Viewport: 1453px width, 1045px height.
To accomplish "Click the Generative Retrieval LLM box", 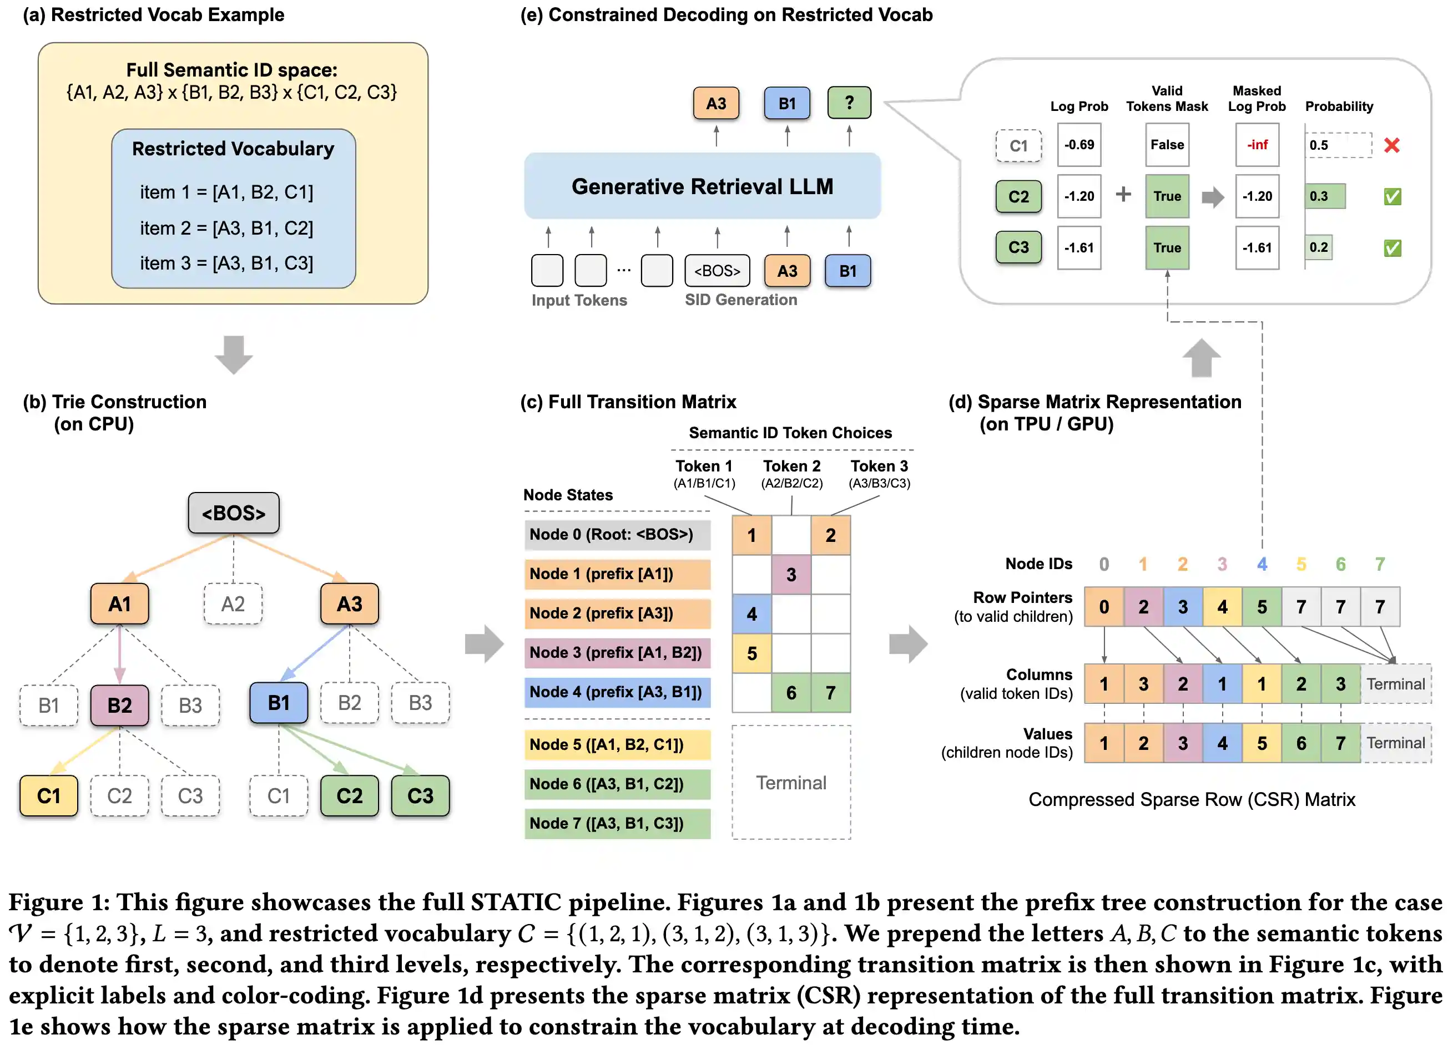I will point(702,186).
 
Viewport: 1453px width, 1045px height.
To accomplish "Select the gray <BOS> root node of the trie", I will point(233,513).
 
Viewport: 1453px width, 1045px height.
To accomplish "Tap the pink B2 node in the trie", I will point(119,704).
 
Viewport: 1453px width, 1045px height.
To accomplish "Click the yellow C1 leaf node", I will point(49,795).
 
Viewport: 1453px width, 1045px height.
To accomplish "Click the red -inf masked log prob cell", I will point(1257,145).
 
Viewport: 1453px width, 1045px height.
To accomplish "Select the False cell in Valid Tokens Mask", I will point(1167,145).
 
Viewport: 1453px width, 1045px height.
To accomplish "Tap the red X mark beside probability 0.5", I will point(1391,145).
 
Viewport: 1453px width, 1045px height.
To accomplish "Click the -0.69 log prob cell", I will point(1079,145).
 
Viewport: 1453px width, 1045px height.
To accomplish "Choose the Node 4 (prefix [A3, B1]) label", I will point(616,692).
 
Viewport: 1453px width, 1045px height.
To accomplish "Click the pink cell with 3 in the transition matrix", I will point(791,575).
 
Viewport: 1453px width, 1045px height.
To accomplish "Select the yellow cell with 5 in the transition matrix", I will point(751,653).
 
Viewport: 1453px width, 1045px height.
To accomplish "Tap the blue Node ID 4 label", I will point(1262,564).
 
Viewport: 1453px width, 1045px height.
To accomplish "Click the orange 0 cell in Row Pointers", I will point(1103,606).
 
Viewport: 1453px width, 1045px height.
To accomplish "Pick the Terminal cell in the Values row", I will point(1395,743).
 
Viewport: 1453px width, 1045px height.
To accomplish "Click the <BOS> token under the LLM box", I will point(717,270).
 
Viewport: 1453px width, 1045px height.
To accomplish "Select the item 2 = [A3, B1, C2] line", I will point(227,228).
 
